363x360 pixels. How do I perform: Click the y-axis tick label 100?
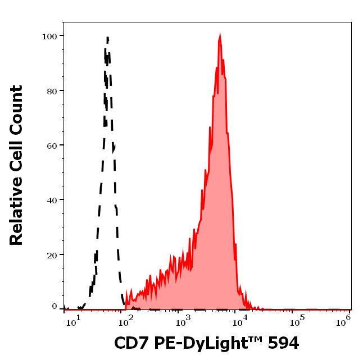49,37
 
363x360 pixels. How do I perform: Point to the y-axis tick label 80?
52,91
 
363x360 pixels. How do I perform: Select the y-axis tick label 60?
52,145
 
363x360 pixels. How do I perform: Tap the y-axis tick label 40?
52,200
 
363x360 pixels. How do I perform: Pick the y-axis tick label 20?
52,255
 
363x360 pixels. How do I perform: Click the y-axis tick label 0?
55,307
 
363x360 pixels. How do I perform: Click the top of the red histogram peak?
220,35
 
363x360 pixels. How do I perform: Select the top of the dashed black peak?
107,37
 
